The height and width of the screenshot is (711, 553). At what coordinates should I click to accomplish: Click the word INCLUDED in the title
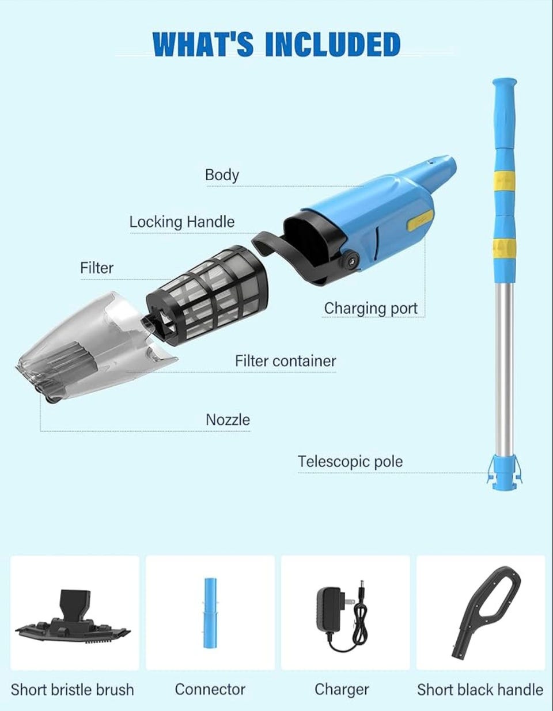click(x=333, y=44)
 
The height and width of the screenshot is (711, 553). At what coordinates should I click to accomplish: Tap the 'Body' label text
click(x=222, y=175)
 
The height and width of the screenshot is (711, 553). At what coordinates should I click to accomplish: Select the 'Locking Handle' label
click(x=182, y=222)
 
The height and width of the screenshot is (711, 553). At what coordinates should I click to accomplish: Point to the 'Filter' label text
click(x=97, y=268)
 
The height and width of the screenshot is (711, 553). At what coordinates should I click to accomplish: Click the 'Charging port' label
click(x=370, y=309)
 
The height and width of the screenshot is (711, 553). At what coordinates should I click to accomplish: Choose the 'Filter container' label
click(x=286, y=361)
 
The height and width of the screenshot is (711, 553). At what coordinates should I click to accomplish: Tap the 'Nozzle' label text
click(x=228, y=420)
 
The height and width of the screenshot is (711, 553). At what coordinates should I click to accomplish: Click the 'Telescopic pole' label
click(x=350, y=462)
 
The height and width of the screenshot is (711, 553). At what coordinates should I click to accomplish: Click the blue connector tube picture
click(x=210, y=613)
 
